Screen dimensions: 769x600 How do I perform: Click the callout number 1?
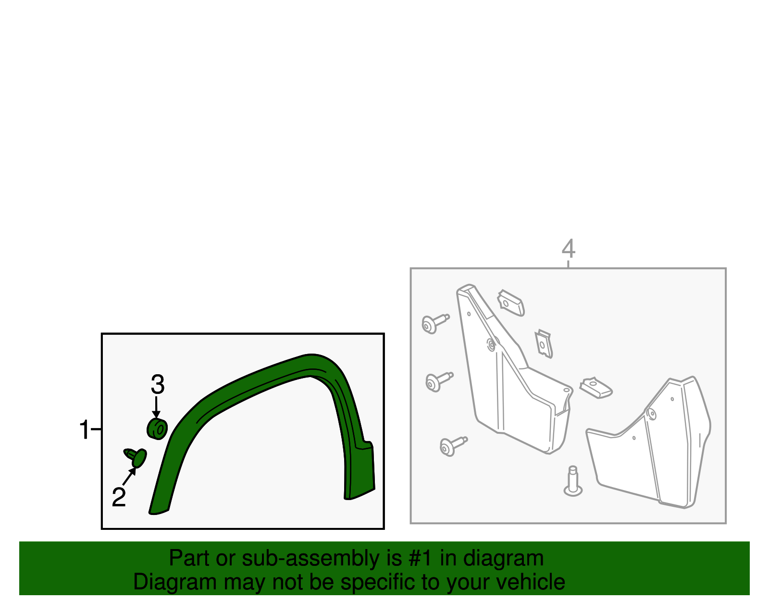pos(85,429)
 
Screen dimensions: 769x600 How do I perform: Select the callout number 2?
pos(119,497)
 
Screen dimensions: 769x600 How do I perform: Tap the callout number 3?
pos(158,384)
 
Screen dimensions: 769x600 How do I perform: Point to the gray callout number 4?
pos(569,248)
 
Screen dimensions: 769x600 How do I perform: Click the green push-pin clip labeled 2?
pos(136,457)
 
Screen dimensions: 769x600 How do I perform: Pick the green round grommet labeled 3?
pos(157,429)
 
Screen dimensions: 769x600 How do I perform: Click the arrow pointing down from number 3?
pos(156,407)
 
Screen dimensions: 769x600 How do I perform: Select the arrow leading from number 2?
pos(129,476)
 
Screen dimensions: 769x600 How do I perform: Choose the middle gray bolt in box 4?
pos(439,382)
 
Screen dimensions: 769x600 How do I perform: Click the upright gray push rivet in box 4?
pos(573,481)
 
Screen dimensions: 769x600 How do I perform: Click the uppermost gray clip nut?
pos(510,303)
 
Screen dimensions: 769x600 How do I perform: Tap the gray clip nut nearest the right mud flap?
pos(596,388)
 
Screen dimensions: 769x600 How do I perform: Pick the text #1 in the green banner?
pos(420,558)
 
